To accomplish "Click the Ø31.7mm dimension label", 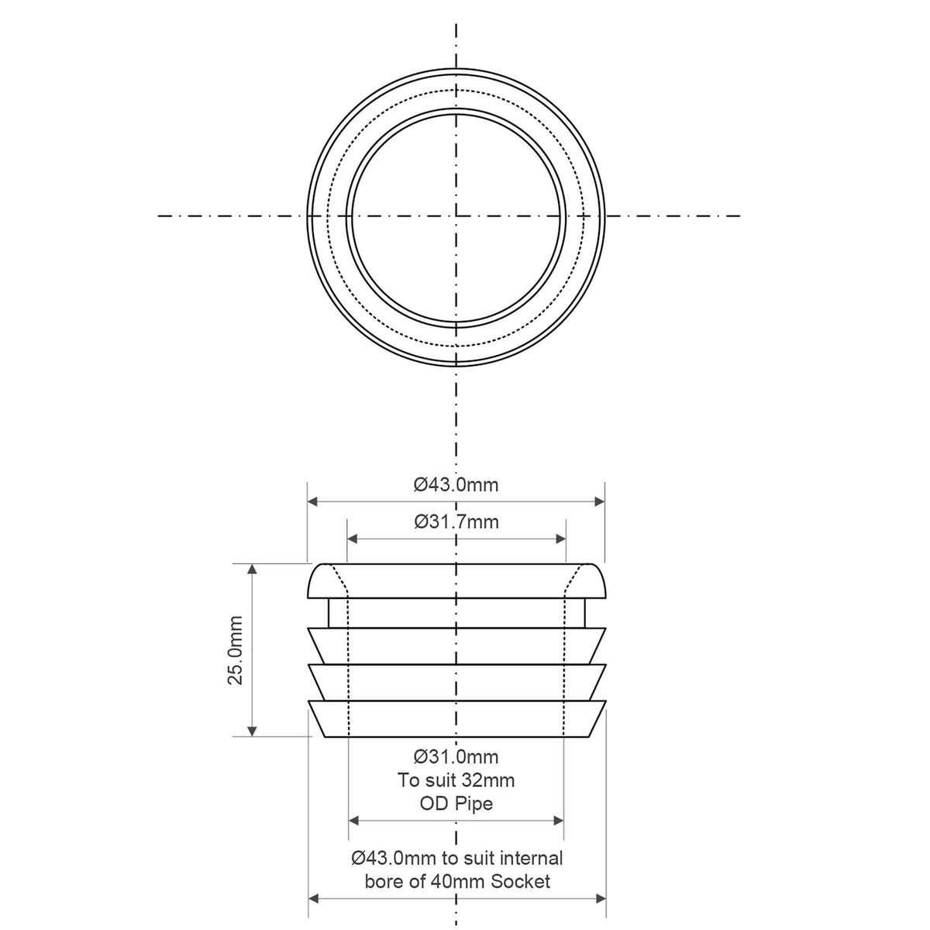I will tap(456, 522).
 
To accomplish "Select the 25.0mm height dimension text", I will tap(236, 649).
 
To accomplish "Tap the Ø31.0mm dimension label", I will tap(456, 756).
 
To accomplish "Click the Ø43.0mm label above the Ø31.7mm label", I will tap(456, 485).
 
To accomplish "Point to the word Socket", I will tap(521, 881).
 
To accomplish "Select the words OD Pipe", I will tap(456, 804).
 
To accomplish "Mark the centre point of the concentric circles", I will tap(456, 215).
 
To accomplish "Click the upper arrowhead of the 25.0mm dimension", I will tap(251, 570).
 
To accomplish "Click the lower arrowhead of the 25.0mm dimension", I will tap(251, 730).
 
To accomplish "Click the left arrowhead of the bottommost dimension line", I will tap(314, 899).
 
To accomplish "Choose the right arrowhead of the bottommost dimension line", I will tap(601, 899).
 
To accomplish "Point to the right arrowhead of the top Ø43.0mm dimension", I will tap(599, 502).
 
